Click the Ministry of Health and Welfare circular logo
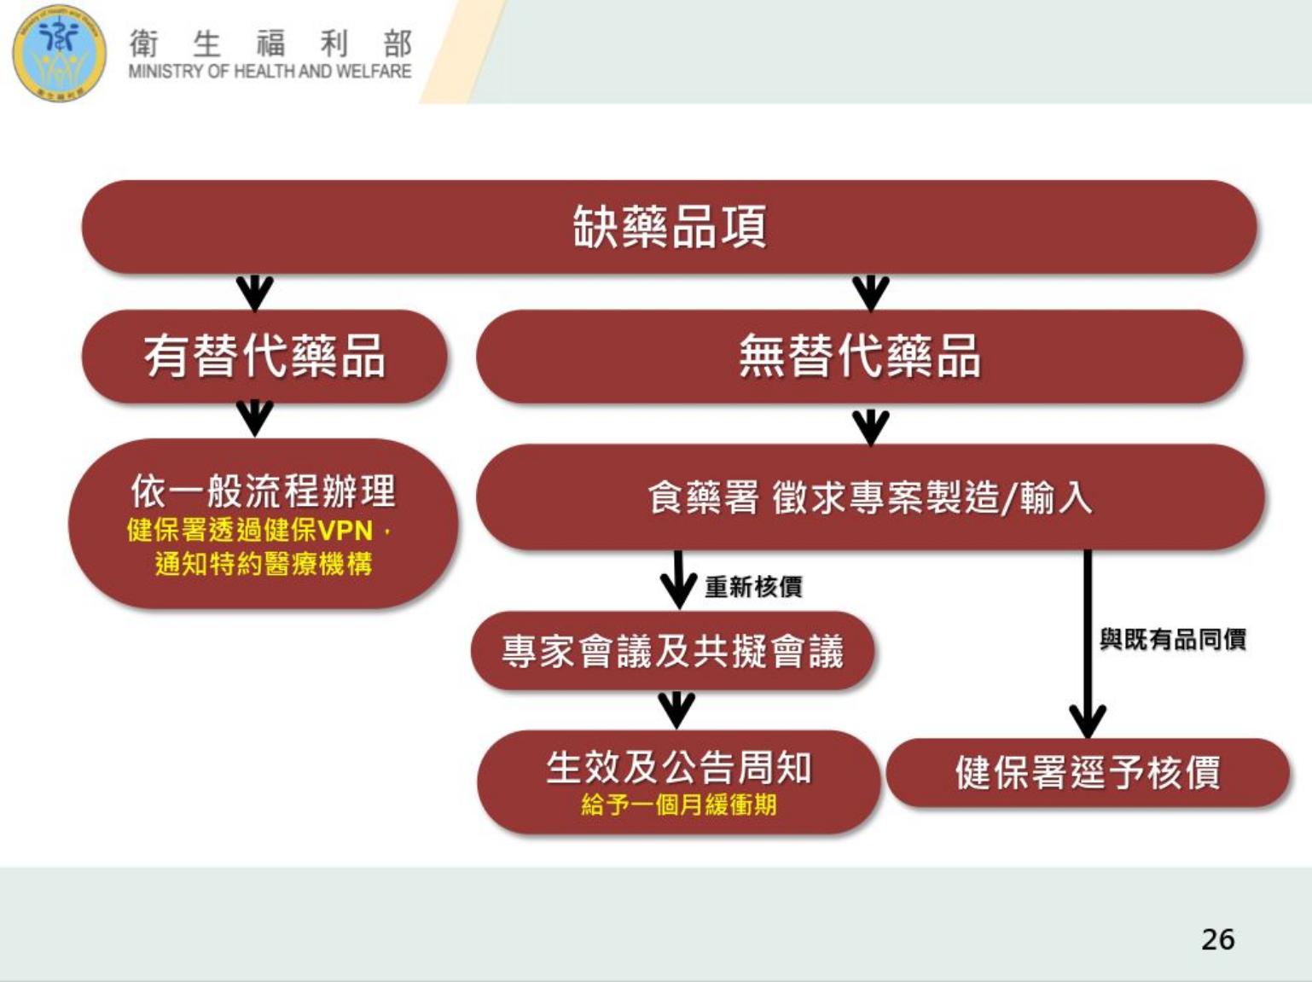click(59, 53)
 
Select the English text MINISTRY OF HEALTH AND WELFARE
click(270, 72)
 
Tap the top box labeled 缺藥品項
click(670, 227)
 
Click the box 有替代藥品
click(264, 357)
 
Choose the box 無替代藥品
click(860, 357)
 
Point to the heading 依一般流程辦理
click(263, 491)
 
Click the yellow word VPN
click(345, 530)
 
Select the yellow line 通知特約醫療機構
click(264, 564)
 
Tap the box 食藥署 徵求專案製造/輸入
click(870, 497)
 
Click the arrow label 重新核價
click(753, 587)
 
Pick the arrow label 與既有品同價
click(1173, 639)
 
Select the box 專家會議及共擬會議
click(673, 651)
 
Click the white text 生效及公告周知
click(679, 768)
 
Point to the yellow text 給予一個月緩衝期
click(679, 805)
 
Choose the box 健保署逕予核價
click(1088, 773)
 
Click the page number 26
click(1218, 939)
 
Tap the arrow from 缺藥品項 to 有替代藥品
click(255, 293)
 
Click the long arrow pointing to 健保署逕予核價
click(1088, 644)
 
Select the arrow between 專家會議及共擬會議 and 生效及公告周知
click(676, 710)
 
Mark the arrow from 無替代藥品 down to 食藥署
click(870, 427)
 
